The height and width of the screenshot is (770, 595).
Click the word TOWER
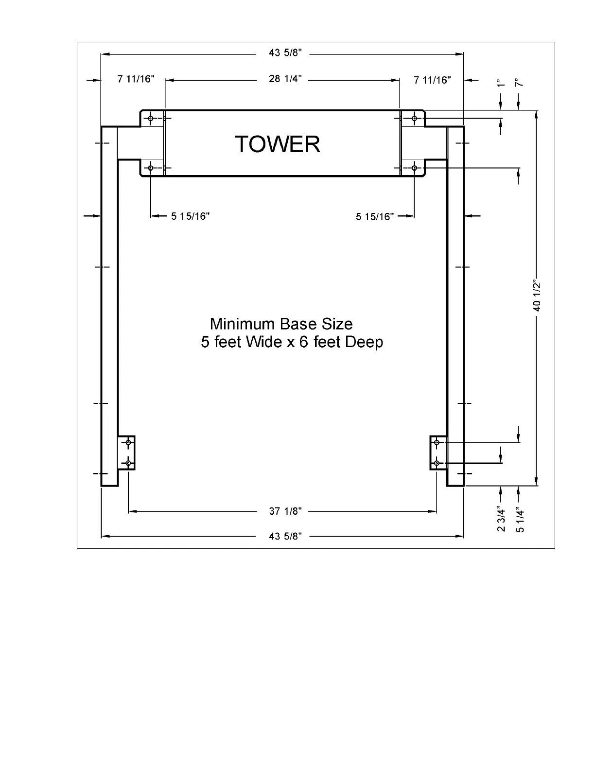click(278, 144)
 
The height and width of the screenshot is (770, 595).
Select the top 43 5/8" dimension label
click(285, 53)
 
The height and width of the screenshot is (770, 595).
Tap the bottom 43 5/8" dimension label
click(285, 536)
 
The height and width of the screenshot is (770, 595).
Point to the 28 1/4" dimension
click(285, 79)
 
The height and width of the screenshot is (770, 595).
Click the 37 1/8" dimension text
click(285, 511)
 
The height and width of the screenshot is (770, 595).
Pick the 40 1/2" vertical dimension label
click(537, 297)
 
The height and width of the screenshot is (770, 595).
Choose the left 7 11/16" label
click(136, 79)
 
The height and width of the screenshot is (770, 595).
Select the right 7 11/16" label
click(432, 80)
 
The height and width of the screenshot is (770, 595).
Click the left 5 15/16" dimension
click(190, 216)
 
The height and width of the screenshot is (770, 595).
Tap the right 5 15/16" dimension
click(375, 216)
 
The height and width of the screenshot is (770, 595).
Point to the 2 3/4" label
click(501, 520)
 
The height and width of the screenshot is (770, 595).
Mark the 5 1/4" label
click(520, 520)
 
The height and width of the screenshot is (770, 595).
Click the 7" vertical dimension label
click(519, 83)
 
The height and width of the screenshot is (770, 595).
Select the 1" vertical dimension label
click(500, 83)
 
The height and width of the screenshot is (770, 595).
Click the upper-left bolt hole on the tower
click(151, 118)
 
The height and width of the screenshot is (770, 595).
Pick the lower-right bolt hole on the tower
click(414, 168)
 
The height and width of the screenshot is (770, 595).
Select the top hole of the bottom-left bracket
click(128, 442)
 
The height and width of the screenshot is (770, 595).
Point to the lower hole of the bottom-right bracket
click(437, 463)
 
